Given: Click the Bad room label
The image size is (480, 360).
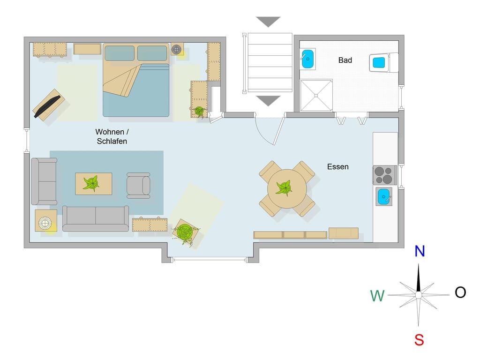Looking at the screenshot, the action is point(345,60).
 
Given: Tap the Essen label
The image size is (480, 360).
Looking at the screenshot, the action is point(337,167).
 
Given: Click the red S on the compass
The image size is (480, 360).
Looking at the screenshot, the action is point(419,340).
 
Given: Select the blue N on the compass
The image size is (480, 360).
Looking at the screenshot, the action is point(420,251).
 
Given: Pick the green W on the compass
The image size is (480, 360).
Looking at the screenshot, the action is point(377,296).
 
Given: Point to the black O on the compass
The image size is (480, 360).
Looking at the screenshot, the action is point(460,292).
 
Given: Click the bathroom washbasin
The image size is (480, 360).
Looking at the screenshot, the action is point(307,59).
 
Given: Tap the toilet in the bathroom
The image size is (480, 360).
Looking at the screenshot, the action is point(383,63).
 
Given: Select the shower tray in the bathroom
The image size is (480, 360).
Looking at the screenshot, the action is point(316,96).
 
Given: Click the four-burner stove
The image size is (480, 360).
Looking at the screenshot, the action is point(384,175).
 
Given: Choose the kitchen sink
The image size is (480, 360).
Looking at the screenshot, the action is point(384,196).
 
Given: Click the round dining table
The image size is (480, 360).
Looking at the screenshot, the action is point(287,188).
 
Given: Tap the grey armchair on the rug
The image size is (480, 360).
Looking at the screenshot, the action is point(138,186).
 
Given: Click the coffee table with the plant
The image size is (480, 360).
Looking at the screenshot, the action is point(94,184).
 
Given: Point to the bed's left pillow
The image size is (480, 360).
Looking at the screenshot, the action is point(120,53).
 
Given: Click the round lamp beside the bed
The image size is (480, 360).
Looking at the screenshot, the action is point(176,49).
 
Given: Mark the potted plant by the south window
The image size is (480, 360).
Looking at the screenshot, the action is point(185,232).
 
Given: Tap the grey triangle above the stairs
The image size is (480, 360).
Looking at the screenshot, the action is point(268,22).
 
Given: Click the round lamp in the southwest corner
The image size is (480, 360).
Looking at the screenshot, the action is point(45,223).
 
